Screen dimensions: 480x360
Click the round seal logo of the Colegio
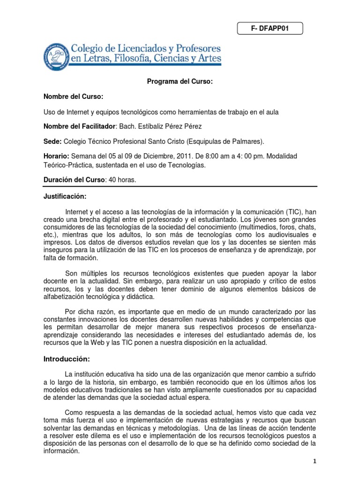[56, 55]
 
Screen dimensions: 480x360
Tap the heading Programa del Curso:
[180, 82]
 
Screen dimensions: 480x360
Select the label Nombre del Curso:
[73, 97]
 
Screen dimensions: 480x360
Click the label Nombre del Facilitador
[79, 126]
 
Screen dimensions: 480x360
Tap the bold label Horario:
[57, 156]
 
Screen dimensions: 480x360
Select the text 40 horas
[122, 180]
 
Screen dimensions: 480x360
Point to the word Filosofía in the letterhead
[131, 60]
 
